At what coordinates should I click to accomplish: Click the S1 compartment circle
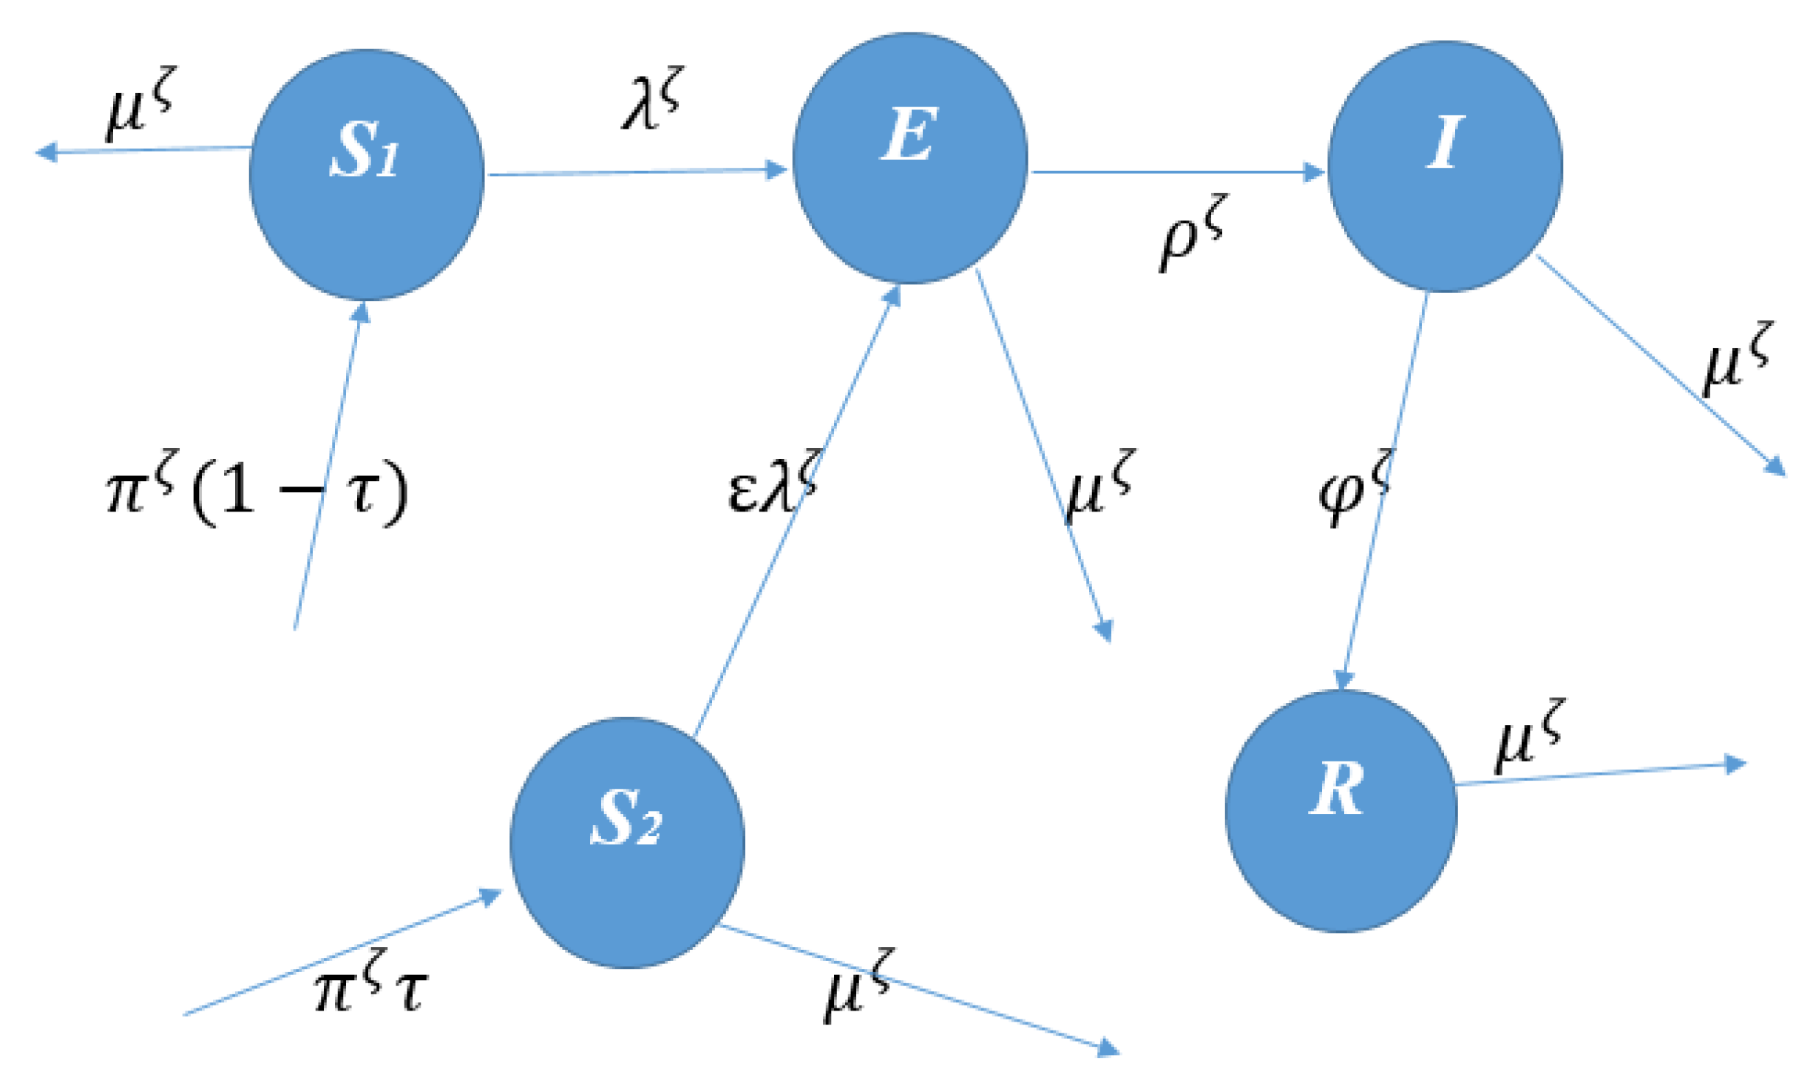pos(366,175)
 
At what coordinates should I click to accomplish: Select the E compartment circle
pos(909,158)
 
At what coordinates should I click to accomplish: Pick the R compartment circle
pos(1340,811)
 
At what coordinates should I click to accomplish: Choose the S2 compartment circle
pos(627,842)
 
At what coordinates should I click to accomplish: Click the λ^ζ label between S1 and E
pos(651,99)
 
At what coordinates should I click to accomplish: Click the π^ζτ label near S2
pos(370,982)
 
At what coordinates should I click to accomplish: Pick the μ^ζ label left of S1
pos(140,103)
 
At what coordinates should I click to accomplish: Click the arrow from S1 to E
pos(636,172)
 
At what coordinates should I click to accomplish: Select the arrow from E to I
pos(1176,172)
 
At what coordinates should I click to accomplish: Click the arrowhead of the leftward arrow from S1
pos(47,152)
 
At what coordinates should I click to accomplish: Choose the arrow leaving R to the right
pos(1597,773)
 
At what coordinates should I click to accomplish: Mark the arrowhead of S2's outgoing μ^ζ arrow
pos(1108,1047)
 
